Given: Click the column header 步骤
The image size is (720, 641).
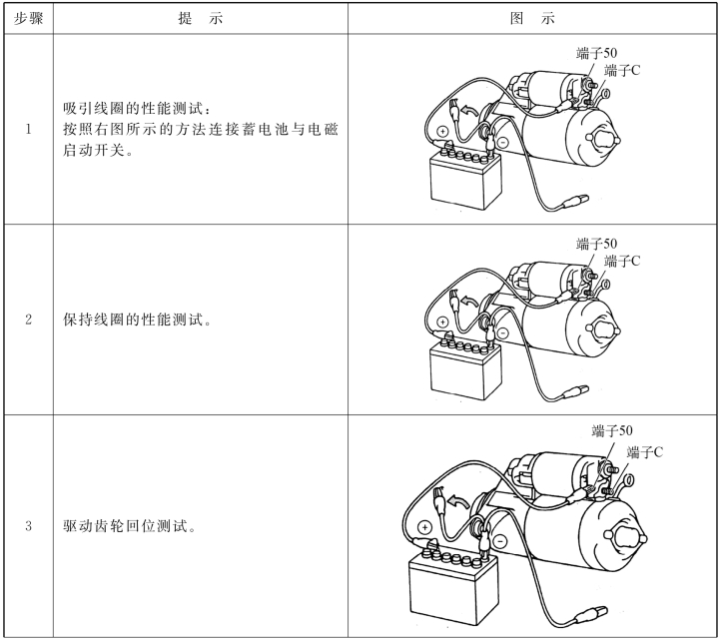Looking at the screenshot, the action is click(x=28, y=18).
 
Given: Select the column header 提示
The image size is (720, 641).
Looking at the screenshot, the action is click(x=201, y=18).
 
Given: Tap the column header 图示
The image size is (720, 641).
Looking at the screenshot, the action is click(x=532, y=18).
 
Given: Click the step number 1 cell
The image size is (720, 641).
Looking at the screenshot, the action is click(x=29, y=129).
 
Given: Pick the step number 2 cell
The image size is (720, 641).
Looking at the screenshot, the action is click(x=29, y=320).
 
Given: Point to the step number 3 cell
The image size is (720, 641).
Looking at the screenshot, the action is click(x=29, y=525).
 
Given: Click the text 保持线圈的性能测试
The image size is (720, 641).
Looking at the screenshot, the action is click(x=137, y=320).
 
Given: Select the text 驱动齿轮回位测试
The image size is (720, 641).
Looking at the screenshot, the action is click(x=130, y=525).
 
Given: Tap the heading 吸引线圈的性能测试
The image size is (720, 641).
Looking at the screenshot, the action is click(x=137, y=109).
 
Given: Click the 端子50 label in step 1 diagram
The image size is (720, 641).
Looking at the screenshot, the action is click(x=596, y=53).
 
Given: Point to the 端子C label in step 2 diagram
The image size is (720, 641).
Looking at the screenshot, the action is click(x=622, y=262).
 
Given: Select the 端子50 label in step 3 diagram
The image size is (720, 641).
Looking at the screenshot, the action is click(x=611, y=430).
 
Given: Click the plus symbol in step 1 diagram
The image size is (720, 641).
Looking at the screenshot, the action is click(x=442, y=132).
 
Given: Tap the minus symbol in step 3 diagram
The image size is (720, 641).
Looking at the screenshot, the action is click(x=500, y=540).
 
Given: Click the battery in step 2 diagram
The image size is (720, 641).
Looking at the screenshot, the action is click(x=464, y=367).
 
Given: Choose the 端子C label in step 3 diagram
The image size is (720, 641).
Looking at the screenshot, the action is click(x=645, y=452).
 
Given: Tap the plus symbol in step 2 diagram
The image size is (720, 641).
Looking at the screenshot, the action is click(x=442, y=322).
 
